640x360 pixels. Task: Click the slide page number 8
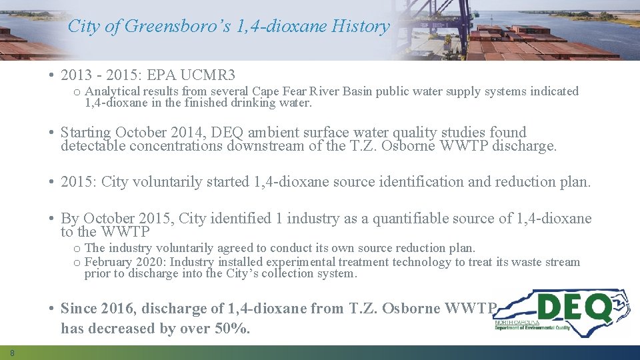pyautogui.click(x=12, y=353)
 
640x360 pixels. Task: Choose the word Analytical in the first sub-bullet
pyautogui.click(x=112, y=91)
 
